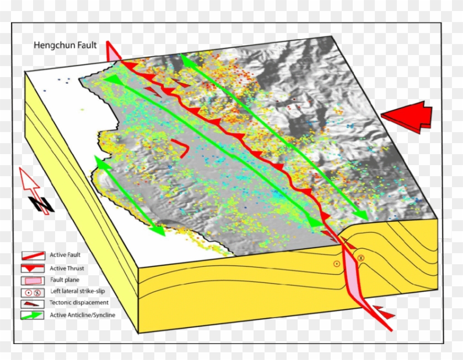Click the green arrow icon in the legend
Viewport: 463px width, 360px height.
tap(33, 315)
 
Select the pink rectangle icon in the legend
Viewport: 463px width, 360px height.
tap(33, 280)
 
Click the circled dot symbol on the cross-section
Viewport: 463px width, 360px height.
tap(336, 264)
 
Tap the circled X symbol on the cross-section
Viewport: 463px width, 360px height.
tap(361, 258)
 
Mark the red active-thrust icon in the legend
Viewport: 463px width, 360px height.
tap(33, 268)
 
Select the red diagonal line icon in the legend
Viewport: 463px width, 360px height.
tap(33, 256)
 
